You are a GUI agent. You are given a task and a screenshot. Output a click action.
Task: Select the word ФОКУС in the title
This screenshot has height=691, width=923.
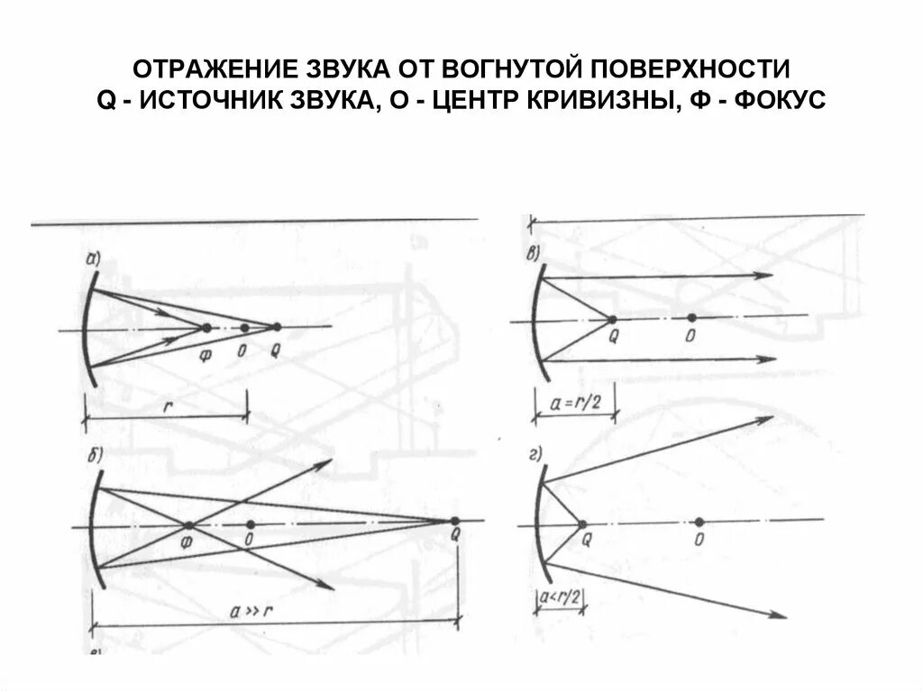click(x=781, y=99)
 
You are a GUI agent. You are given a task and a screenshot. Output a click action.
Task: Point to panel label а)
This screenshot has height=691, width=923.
click(x=93, y=260)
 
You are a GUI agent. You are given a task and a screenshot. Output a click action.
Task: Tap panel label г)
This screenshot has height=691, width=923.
click(x=535, y=453)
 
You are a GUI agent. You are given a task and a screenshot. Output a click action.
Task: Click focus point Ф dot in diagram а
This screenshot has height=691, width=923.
click(x=207, y=327)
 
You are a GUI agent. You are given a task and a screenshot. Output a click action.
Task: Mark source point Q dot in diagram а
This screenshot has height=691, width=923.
click(x=276, y=326)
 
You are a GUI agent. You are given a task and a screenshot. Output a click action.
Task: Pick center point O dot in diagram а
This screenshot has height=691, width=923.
click(x=244, y=327)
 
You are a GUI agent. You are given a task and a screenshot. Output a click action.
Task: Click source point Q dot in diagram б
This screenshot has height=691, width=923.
click(x=454, y=521)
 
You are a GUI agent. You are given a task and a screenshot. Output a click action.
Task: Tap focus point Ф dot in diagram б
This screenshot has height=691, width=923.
click(x=188, y=525)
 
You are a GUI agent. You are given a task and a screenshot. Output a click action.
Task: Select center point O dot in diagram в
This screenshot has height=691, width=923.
click(x=690, y=317)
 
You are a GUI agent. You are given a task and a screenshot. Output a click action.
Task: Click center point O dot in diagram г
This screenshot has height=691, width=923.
click(x=699, y=522)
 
